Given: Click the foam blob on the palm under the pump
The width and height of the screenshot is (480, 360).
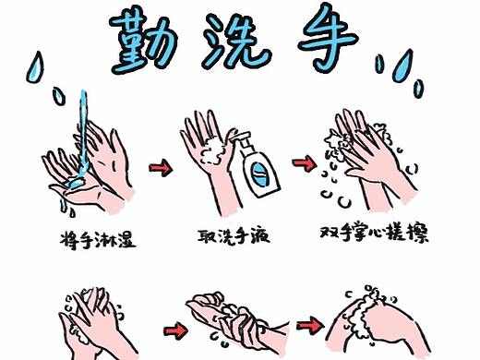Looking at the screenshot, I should (x=219, y=146).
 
